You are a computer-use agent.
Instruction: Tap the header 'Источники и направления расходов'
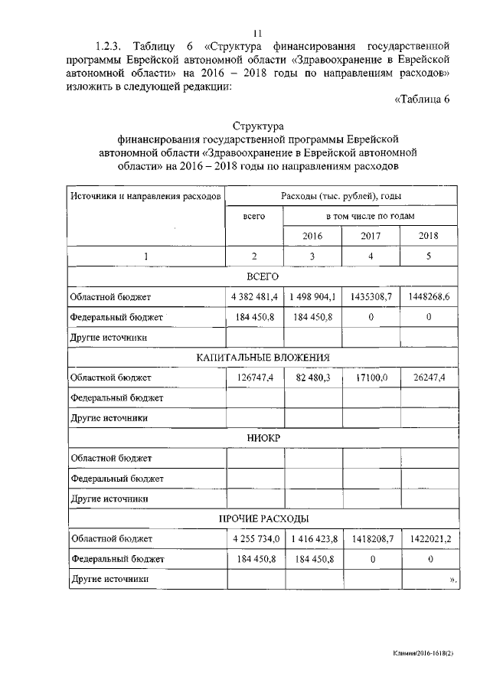[x=145, y=196]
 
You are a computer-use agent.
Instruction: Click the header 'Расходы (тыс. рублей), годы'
[x=341, y=196]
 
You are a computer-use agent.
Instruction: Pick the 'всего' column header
[x=253, y=217]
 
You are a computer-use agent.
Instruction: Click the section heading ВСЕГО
[x=263, y=276]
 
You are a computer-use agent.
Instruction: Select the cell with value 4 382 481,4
[x=253, y=296]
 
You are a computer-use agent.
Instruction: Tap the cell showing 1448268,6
[x=429, y=296]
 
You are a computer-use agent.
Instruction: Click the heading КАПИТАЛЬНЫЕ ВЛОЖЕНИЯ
[x=263, y=357]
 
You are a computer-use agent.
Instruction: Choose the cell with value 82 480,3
[x=312, y=378]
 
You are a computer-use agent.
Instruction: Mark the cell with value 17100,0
[x=371, y=378]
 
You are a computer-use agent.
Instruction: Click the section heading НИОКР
[x=263, y=438]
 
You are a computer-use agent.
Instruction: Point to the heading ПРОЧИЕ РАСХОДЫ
[x=263, y=519]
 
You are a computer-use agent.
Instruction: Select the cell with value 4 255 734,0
[x=253, y=539]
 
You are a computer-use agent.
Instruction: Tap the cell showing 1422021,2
[x=429, y=539]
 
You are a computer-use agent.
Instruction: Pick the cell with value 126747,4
[x=253, y=378]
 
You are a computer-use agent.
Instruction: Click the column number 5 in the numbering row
[x=429, y=257]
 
